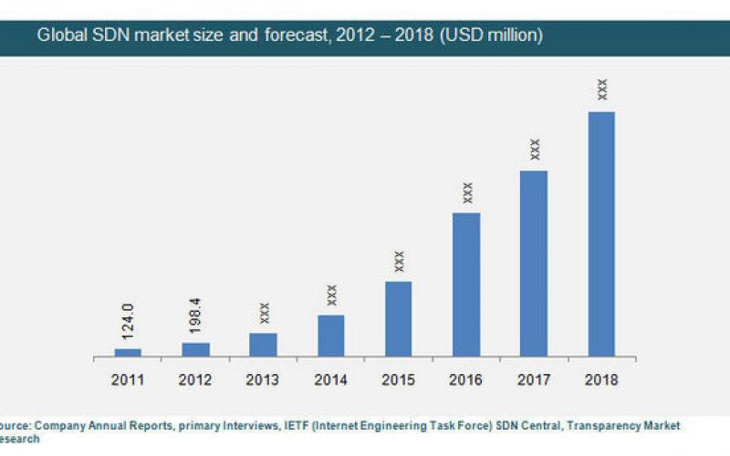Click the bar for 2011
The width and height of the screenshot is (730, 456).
pos(128,352)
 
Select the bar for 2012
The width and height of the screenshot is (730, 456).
pos(195,349)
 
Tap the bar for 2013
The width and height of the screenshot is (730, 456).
pos(263,345)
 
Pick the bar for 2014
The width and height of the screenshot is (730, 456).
pos(330,336)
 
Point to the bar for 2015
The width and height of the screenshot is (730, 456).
pos(398,318)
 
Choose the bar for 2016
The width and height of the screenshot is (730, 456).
pos(466,285)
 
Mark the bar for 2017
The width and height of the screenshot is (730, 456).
pos(534,264)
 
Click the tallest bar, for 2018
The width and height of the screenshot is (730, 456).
pos(601,233)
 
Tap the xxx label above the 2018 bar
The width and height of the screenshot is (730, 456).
pos(601,89)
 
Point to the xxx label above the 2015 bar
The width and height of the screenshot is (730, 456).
pos(398,261)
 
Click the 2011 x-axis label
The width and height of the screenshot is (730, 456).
pos(128,378)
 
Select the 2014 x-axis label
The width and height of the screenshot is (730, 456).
pos(330,378)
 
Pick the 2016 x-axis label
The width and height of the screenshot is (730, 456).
pos(466,378)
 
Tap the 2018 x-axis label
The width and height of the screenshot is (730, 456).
pos(601,378)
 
